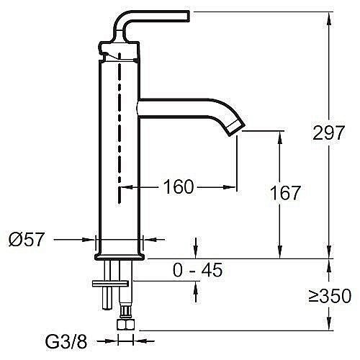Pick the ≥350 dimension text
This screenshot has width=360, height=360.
coord(330,297)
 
